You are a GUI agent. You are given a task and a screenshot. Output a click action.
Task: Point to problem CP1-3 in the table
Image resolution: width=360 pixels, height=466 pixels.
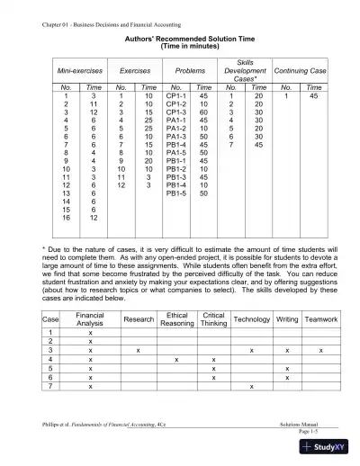point(176,112)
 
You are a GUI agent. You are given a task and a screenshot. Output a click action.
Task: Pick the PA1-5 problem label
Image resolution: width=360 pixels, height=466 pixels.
point(176,153)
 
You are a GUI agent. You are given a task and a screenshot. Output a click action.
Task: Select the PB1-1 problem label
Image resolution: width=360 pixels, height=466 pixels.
point(176,161)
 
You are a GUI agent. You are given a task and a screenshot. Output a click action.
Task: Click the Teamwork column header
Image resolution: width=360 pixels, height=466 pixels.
point(321,319)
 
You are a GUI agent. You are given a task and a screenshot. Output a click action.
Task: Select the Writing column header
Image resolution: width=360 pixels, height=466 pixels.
point(287,319)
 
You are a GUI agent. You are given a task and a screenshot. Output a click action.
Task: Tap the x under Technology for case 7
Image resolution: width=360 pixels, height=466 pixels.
point(251,386)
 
